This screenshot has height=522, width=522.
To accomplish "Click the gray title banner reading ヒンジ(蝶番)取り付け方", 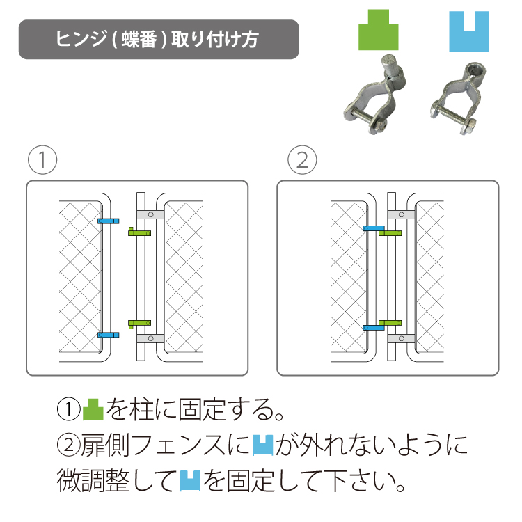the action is click(x=159, y=39).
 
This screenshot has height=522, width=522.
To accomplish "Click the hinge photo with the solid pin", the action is click(x=375, y=95).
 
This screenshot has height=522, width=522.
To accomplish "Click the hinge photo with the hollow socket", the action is click(x=458, y=98).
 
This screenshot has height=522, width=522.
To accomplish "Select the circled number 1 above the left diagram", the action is click(x=42, y=160).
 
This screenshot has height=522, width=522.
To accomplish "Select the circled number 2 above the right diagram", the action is click(x=302, y=160).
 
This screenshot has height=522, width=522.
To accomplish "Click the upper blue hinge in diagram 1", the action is click(x=108, y=221).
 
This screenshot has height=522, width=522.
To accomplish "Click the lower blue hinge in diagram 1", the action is click(x=108, y=335).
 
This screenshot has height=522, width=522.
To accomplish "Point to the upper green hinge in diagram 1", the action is click(x=140, y=232).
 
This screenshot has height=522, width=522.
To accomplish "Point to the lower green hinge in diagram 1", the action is click(x=140, y=323).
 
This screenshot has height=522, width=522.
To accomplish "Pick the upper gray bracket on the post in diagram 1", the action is click(x=150, y=215).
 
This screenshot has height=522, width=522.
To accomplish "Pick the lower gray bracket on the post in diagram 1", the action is click(x=150, y=338).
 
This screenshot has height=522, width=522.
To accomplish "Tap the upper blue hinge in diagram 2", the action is click(x=373, y=228).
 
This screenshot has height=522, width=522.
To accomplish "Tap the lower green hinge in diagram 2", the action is click(x=390, y=323).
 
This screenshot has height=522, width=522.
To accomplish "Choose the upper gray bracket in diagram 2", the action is click(x=401, y=215).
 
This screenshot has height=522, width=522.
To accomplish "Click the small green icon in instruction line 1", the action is click(x=93, y=409).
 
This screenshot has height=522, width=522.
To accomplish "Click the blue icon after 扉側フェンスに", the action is click(x=262, y=445).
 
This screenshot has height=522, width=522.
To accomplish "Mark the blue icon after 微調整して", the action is click(x=190, y=481).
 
